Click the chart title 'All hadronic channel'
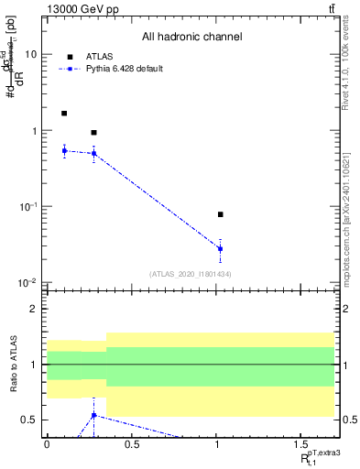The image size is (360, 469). tap(191, 38)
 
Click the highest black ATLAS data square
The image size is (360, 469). tap(64, 114)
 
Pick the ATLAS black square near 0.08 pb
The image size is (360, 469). tap(221, 214)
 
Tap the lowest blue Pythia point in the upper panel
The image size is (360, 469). tap(221, 248)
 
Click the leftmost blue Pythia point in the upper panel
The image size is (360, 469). tap(64, 150)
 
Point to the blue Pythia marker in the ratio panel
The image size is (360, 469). tap(94, 415)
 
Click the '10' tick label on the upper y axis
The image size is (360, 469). tap(30, 54)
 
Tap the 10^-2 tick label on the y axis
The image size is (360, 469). tap(28, 282)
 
